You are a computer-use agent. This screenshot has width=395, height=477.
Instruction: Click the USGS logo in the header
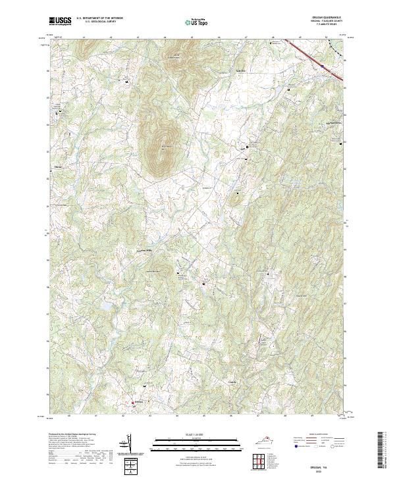click(x=61, y=20)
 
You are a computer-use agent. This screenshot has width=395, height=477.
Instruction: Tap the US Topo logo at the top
click(x=197, y=22)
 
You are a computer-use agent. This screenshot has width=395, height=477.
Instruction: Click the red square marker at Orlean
click(x=133, y=403)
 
